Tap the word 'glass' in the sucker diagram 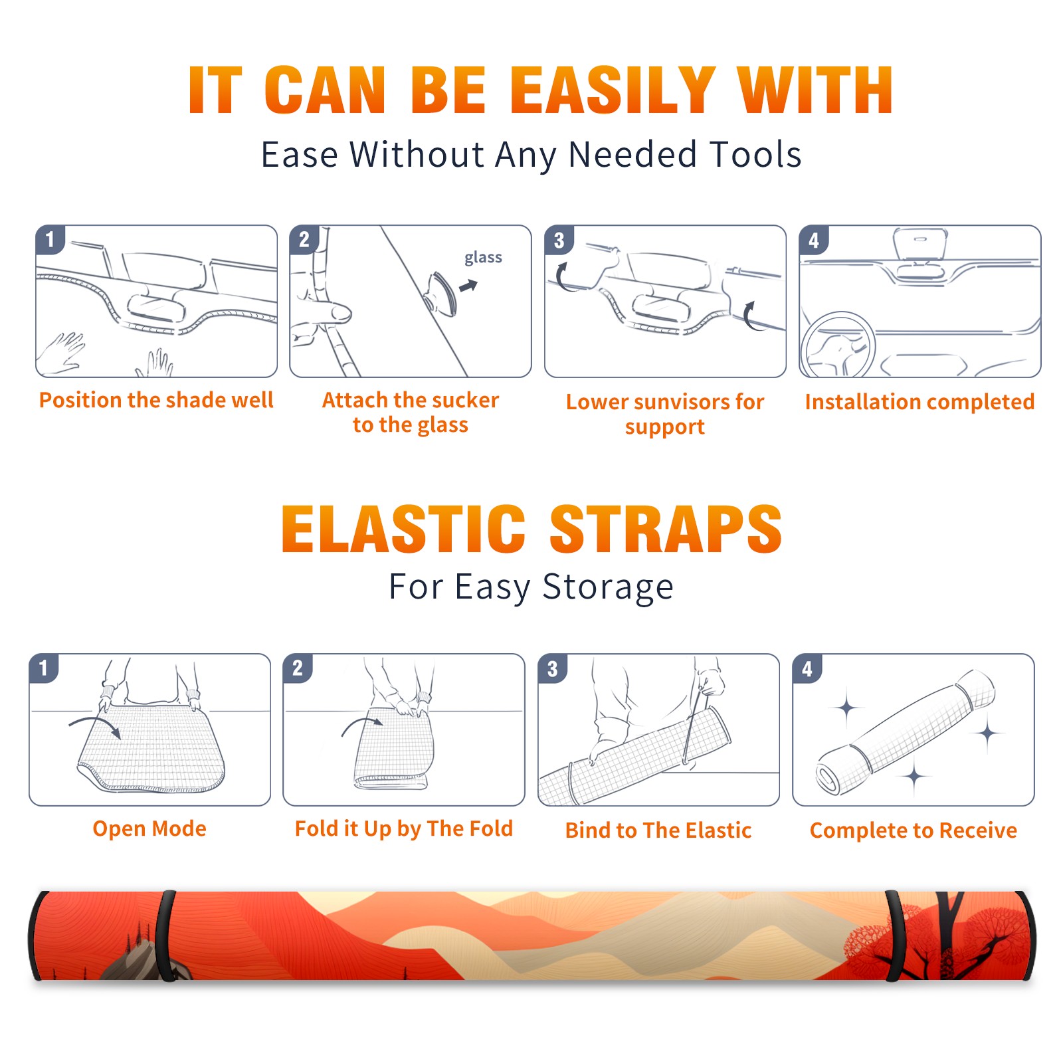tap(483, 258)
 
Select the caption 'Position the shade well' tap(156, 400)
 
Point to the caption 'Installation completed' tap(919, 401)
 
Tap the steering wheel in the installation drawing tap(837, 345)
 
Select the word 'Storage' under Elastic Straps tap(608, 587)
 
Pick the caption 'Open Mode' tap(149, 828)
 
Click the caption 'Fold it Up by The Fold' tap(404, 828)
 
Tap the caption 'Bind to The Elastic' tap(658, 830)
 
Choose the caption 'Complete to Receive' tap(914, 830)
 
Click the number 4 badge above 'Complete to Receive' tap(807, 668)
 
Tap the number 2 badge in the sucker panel tap(304, 239)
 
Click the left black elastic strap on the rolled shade tap(165, 935)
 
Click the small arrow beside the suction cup tap(469, 286)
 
